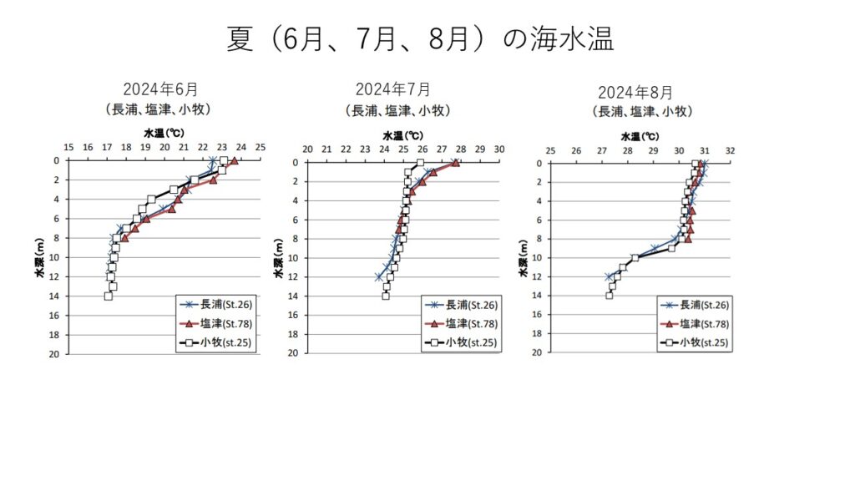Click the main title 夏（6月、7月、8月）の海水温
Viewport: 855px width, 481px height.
click(420, 39)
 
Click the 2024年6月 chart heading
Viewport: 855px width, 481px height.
click(160, 90)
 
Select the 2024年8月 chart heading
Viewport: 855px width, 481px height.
click(635, 92)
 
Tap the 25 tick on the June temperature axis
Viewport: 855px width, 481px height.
click(260, 148)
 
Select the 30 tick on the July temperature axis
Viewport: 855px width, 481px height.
click(499, 149)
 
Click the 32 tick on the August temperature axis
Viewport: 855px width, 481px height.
click(731, 150)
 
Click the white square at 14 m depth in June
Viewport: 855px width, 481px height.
click(109, 296)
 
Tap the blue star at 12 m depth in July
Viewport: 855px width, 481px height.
click(380, 276)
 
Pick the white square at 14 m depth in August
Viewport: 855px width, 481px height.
click(610, 296)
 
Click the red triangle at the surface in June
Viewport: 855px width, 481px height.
click(234, 160)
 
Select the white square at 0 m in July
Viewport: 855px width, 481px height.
click(420, 163)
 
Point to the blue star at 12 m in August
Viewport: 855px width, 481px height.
click(609, 276)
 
